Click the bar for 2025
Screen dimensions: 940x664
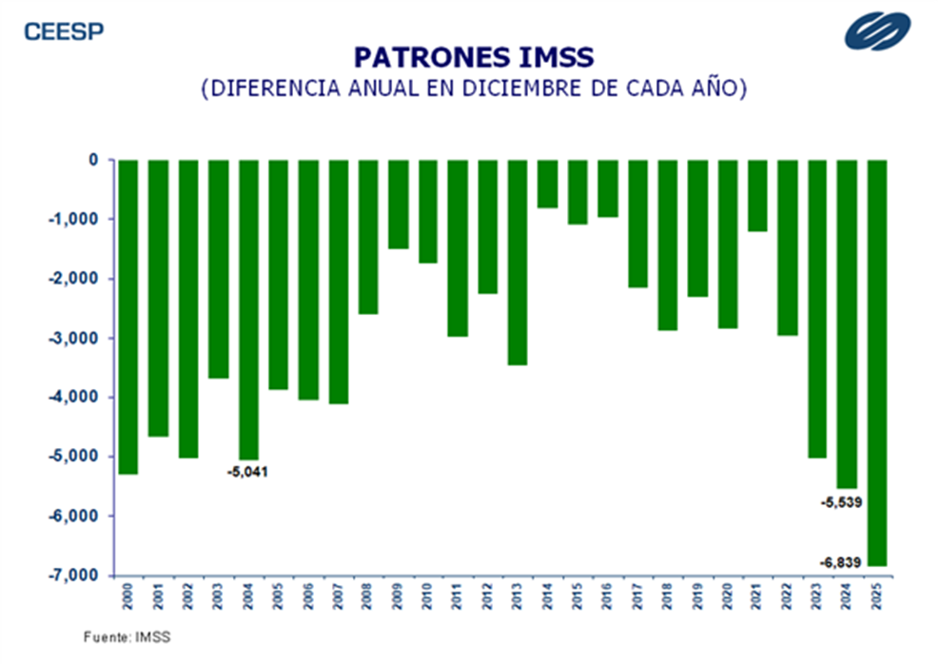pos(877,362)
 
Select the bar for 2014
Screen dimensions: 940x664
pos(547,184)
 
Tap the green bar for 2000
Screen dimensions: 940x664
pos(128,317)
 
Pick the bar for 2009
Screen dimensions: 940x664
pos(398,205)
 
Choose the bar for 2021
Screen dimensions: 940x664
pos(757,195)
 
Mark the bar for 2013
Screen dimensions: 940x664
pos(518,263)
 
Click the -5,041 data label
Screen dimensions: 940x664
pos(247,472)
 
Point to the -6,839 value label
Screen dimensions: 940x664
pos(841,563)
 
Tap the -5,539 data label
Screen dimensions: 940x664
pos(842,502)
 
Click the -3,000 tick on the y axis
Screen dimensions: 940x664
pos(72,338)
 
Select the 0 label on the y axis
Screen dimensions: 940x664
pos(93,160)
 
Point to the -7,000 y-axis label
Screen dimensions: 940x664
pos(72,576)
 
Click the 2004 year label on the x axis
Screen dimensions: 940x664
pos(248,596)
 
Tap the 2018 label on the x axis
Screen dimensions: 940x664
pos(667,596)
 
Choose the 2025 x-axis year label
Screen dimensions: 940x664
pos(877,596)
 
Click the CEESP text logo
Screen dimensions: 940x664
pos(64,31)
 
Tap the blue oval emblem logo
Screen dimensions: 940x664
pos(877,30)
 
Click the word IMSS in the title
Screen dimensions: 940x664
pos(556,57)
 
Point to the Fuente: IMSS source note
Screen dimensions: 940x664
pos(127,637)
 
